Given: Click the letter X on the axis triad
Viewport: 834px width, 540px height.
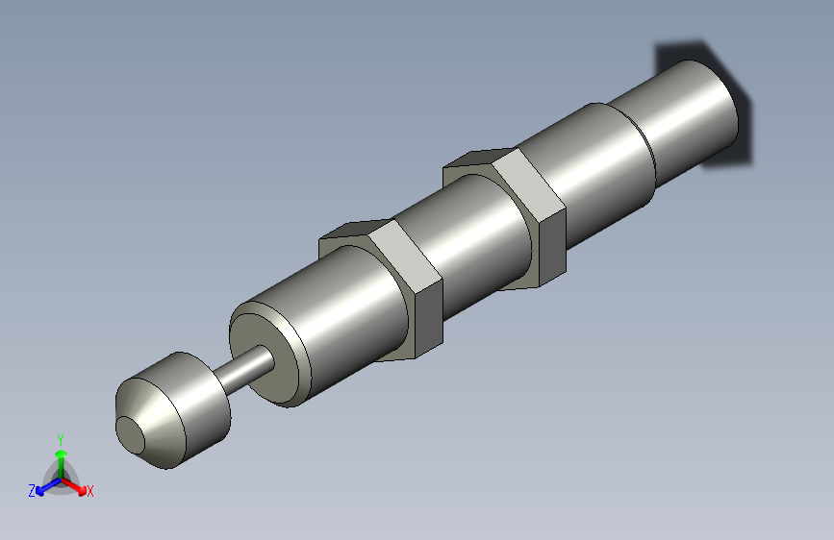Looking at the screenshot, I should point(90,492).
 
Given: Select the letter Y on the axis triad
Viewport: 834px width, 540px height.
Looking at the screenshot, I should point(61,437).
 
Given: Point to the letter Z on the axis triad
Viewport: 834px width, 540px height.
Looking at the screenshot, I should point(32,491).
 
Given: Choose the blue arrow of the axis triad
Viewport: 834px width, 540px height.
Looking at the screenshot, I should point(44,487).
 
